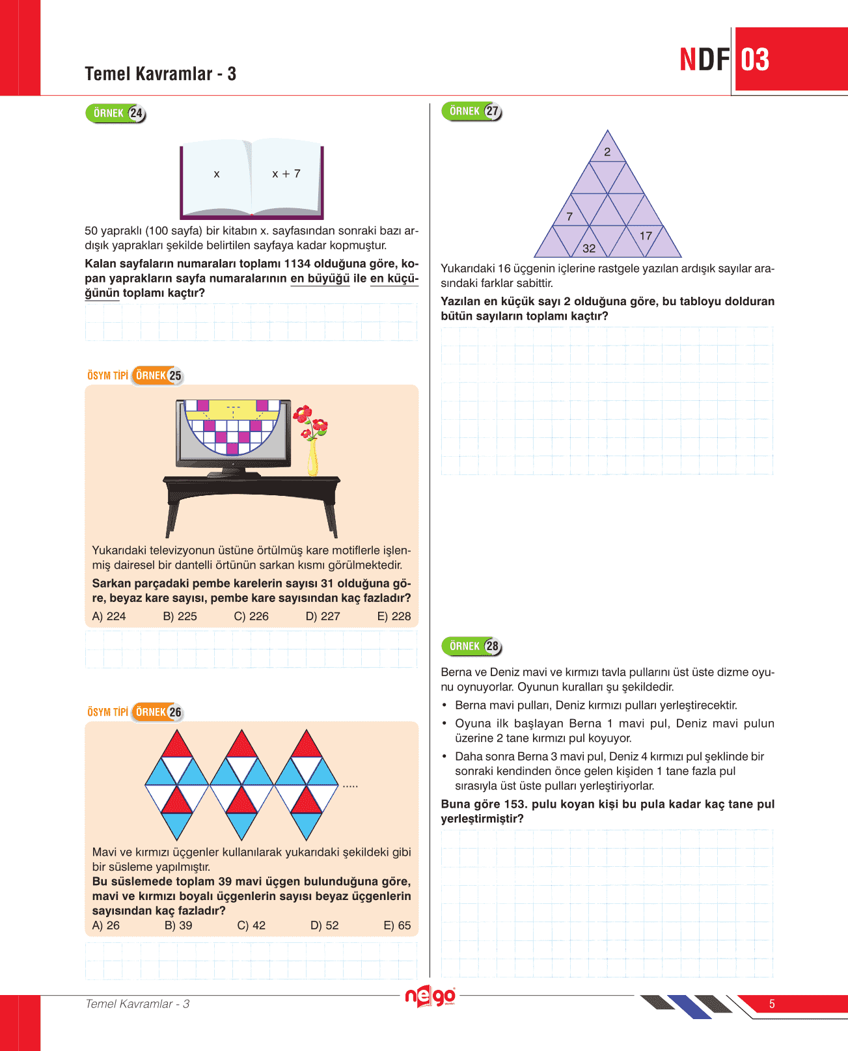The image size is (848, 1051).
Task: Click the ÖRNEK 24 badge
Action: pos(116,113)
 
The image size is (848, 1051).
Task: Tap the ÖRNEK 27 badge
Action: pos(471,111)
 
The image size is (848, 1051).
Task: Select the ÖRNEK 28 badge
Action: pos(471,646)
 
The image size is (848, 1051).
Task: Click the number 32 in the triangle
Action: pos(589,249)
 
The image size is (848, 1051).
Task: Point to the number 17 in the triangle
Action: pos(646,236)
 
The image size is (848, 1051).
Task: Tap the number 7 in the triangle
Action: pos(569,217)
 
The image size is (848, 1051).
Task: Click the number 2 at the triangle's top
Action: pos(607,152)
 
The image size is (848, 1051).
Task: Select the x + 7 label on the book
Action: pos(286,174)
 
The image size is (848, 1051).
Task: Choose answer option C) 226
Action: pos(251,616)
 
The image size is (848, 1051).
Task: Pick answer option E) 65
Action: pos(397,925)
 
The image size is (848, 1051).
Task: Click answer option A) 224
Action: pos(109,616)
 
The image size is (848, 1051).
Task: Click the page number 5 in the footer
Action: pos(772,1004)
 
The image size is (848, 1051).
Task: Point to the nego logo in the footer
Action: pos(430,997)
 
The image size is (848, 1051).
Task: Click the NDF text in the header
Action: pos(705,60)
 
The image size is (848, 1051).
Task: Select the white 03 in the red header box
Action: pos(755,60)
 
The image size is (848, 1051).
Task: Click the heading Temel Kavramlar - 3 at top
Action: pos(160,74)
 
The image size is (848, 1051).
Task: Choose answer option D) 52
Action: pos(324,925)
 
